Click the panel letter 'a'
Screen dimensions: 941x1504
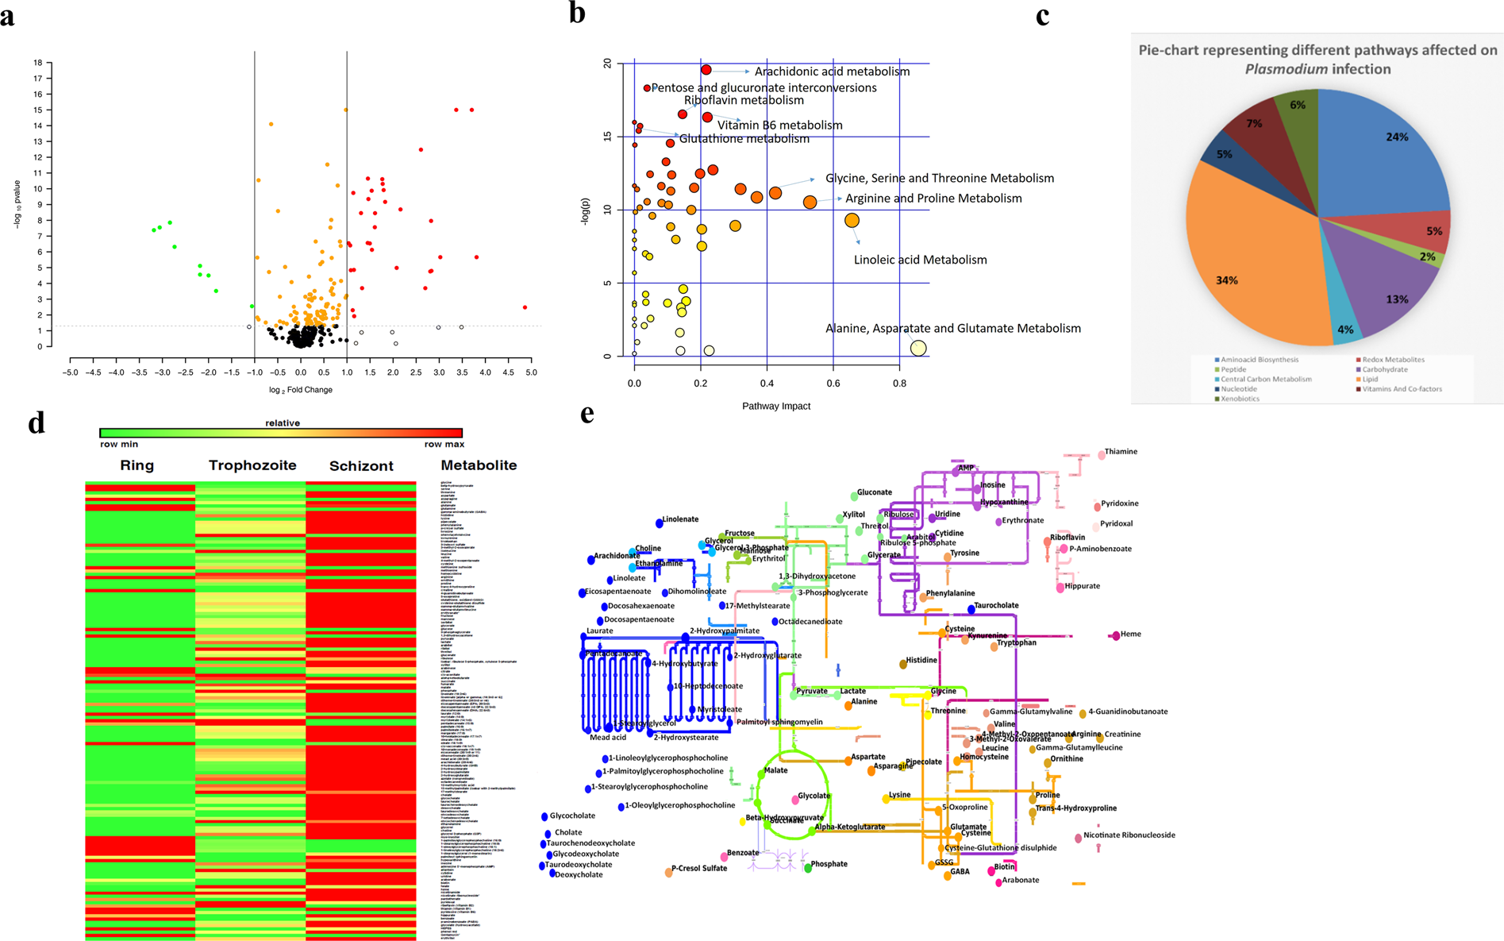click(x=7, y=17)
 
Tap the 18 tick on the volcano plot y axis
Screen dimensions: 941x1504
click(x=38, y=63)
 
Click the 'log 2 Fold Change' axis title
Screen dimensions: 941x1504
click(x=300, y=390)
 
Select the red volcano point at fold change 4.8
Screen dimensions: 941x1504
click(x=525, y=307)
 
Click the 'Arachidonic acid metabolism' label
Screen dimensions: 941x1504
click(x=832, y=71)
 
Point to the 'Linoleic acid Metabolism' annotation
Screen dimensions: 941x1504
click(x=920, y=260)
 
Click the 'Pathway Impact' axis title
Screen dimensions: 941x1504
click(x=775, y=407)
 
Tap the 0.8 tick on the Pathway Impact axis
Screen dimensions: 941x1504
click(x=899, y=384)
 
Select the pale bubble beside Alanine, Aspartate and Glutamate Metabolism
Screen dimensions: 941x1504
click(x=918, y=348)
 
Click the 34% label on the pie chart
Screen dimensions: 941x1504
click(x=1226, y=280)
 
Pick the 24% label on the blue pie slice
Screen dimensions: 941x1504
click(x=1397, y=137)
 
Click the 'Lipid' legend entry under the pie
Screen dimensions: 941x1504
click(x=1370, y=380)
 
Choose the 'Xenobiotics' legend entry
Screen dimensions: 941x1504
click(x=1240, y=399)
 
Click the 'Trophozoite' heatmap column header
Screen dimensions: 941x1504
click(x=252, y=465)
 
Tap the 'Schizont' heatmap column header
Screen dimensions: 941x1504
click(x=361, y=466)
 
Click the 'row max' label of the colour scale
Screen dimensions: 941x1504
click(x=444, y=445)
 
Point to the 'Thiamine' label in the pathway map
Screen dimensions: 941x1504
click(x=1121, y=452)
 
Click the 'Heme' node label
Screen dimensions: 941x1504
click(x=1130, y=634)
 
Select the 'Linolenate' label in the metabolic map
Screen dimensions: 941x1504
click(x=680, y=519)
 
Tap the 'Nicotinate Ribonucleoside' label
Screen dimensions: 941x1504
click(x=1129, y=835)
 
